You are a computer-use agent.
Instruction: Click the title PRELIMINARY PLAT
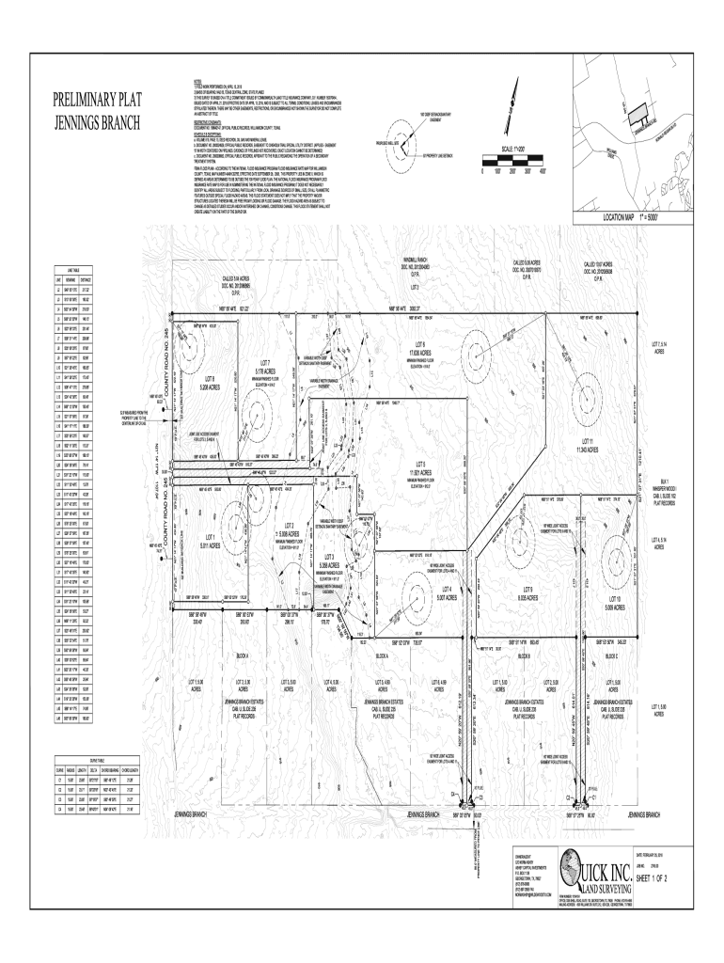(98, 102)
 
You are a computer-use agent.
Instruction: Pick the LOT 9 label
(528, 589)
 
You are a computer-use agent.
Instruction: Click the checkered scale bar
(513, 165)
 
